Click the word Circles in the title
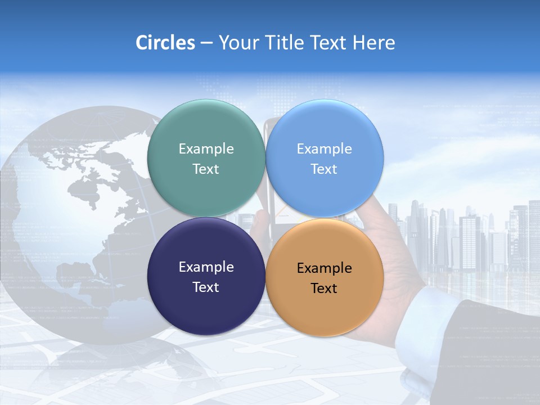click(165, 43)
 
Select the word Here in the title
click(373, 43)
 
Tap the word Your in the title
click(238, 43)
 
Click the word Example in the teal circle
click(206, 149)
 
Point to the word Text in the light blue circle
click(324, 169)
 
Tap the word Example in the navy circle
click(206, 267)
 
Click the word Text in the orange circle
click(324, 289)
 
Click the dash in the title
click(206, 43)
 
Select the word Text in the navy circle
click(206, 287)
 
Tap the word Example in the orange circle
click(324, 268)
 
